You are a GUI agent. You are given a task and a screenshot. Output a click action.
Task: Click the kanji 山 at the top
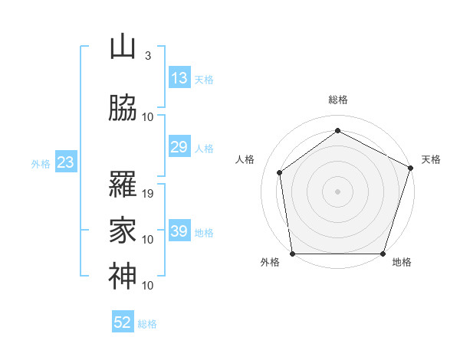coord(123,47)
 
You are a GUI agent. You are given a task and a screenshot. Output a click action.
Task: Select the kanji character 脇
coord(123,108)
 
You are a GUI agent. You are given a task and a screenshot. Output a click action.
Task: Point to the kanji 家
coord(123,231)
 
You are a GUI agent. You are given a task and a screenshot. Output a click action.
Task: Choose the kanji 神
coord(123,277)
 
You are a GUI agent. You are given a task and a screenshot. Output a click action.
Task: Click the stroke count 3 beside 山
coord(147,56)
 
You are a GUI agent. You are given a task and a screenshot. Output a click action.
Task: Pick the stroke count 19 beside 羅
coord(149,194)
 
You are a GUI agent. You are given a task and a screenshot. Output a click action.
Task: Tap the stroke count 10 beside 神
coord(149,286)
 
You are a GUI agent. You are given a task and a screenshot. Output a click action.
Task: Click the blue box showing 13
coord(179,77)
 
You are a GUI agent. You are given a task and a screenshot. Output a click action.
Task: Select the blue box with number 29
coord(179,147)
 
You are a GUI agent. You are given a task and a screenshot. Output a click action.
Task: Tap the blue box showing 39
coord(179,231)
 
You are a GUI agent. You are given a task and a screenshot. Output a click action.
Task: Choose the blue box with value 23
coord(65,162)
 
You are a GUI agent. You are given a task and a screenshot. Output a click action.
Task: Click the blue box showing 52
coord(123,322)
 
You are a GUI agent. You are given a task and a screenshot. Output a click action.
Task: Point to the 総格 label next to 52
coord(147,324)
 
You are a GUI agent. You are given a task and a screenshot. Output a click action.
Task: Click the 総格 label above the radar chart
coord(337,100)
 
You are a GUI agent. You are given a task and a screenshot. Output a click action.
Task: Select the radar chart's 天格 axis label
coord(432,159)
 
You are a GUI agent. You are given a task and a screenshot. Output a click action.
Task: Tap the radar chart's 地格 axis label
coord(402,262)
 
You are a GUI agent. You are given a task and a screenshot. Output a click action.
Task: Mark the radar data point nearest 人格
coord(280,172)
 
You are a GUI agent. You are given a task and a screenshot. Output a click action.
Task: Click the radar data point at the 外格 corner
coord(293,254)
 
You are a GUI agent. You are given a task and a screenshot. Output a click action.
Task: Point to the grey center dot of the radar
coord(337,191)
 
